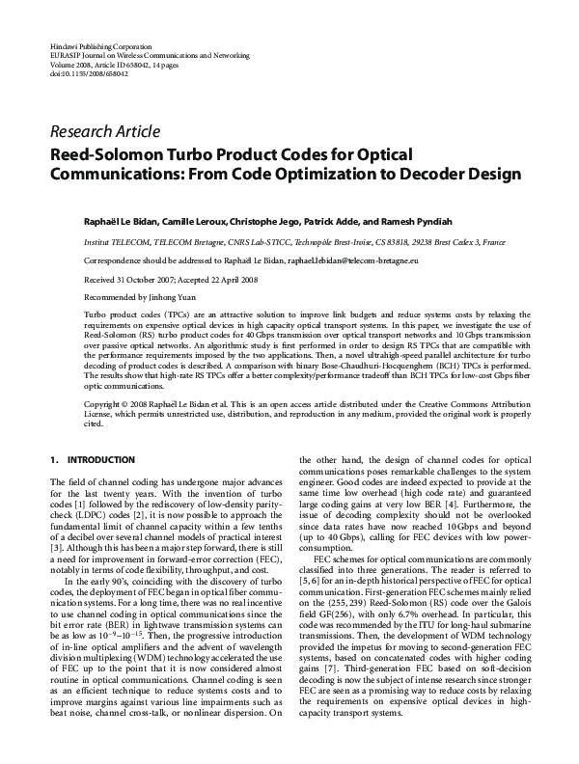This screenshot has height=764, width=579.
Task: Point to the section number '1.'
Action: [54, 459]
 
